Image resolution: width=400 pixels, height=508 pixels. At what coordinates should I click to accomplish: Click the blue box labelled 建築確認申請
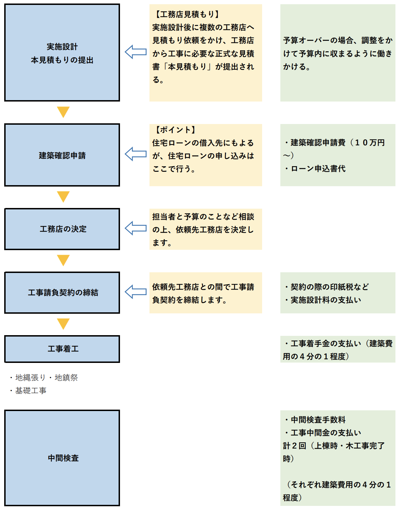62,155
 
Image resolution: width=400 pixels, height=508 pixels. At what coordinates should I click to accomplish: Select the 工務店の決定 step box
62,229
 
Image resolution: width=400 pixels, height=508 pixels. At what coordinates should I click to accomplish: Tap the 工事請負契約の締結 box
62,293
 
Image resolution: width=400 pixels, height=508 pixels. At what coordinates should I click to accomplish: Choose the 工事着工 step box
62,349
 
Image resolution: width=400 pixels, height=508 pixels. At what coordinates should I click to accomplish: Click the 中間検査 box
62,458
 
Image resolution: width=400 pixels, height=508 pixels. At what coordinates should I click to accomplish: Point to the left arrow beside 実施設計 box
135,52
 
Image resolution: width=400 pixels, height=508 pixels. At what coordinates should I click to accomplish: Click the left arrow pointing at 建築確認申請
135,154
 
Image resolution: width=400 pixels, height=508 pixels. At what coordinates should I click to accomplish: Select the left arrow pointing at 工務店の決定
135,228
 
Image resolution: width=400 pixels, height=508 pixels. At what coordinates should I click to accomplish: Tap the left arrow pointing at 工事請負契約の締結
135,292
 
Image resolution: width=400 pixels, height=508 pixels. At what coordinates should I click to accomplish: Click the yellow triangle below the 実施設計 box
63,112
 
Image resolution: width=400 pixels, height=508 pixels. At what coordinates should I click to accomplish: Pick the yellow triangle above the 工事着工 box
63,324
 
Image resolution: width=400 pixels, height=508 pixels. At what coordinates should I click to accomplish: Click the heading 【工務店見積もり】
187,14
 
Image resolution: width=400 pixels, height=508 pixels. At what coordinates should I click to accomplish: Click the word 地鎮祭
66,378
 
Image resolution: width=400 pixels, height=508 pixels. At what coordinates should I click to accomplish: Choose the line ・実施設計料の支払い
322,300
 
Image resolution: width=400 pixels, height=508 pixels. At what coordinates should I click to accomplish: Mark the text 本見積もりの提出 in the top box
62,60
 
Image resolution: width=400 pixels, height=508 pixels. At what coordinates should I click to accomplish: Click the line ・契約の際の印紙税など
326,287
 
